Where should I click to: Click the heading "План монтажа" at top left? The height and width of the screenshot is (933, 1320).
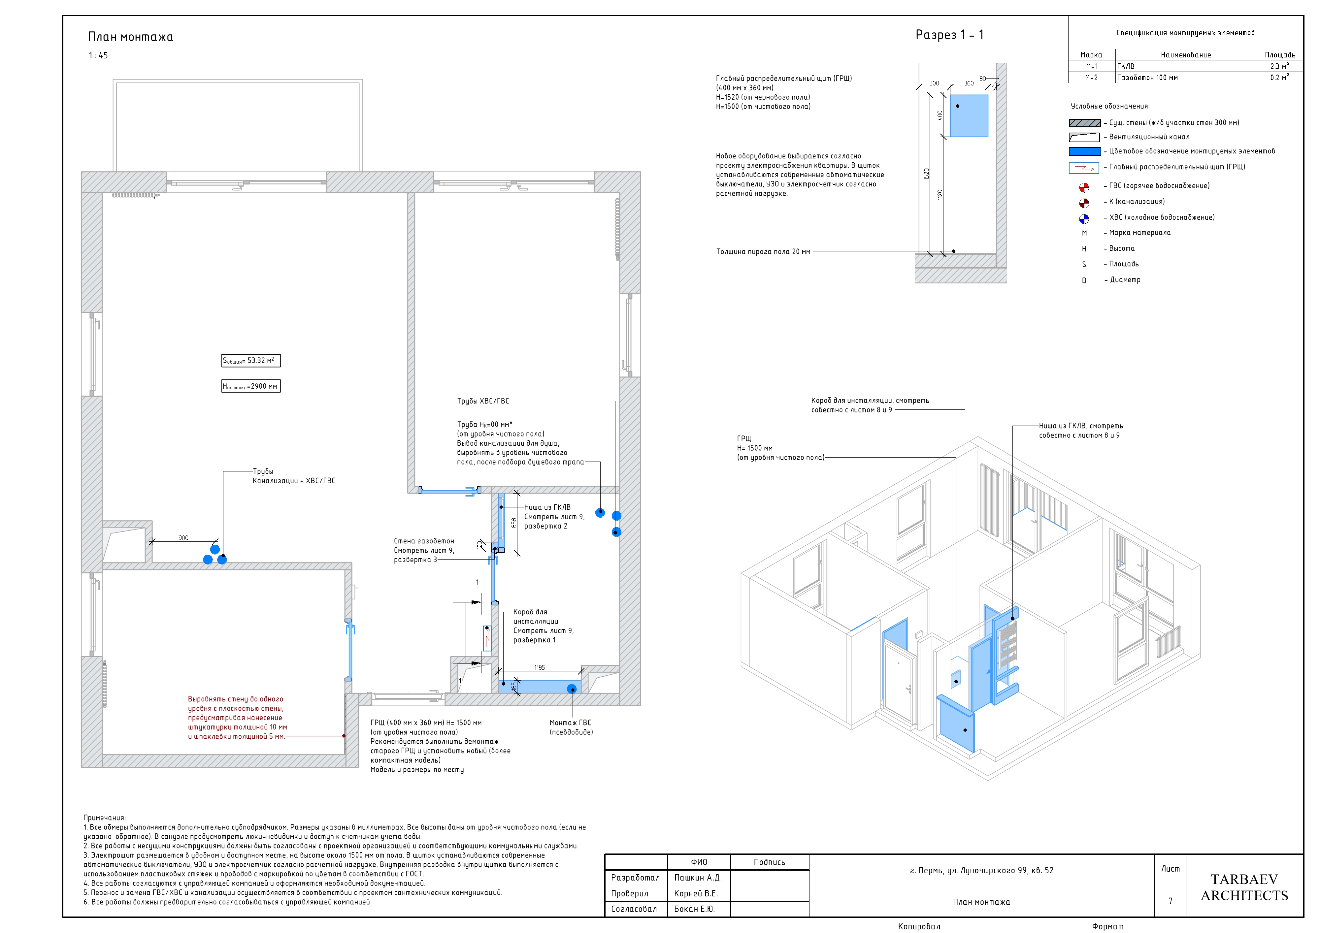(x=130, y=37)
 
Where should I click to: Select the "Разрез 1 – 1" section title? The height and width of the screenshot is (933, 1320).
(x=950, y=35)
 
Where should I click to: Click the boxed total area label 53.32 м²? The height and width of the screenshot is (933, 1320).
(x=251, y=361)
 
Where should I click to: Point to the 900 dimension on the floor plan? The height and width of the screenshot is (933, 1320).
(x=183, y=538)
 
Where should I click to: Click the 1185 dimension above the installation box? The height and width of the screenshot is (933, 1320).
(x=539, y=667)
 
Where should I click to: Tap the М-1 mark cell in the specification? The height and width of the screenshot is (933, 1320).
(x=1092, y=66)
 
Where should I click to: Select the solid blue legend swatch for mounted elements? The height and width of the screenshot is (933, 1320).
(x=1085, y=151)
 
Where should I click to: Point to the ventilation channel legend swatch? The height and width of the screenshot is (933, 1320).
(x=1084, y=137)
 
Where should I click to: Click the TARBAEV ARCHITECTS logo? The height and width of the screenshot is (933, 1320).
(x=1244, y=887)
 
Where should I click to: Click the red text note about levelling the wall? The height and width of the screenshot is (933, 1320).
(x=238, y=718)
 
